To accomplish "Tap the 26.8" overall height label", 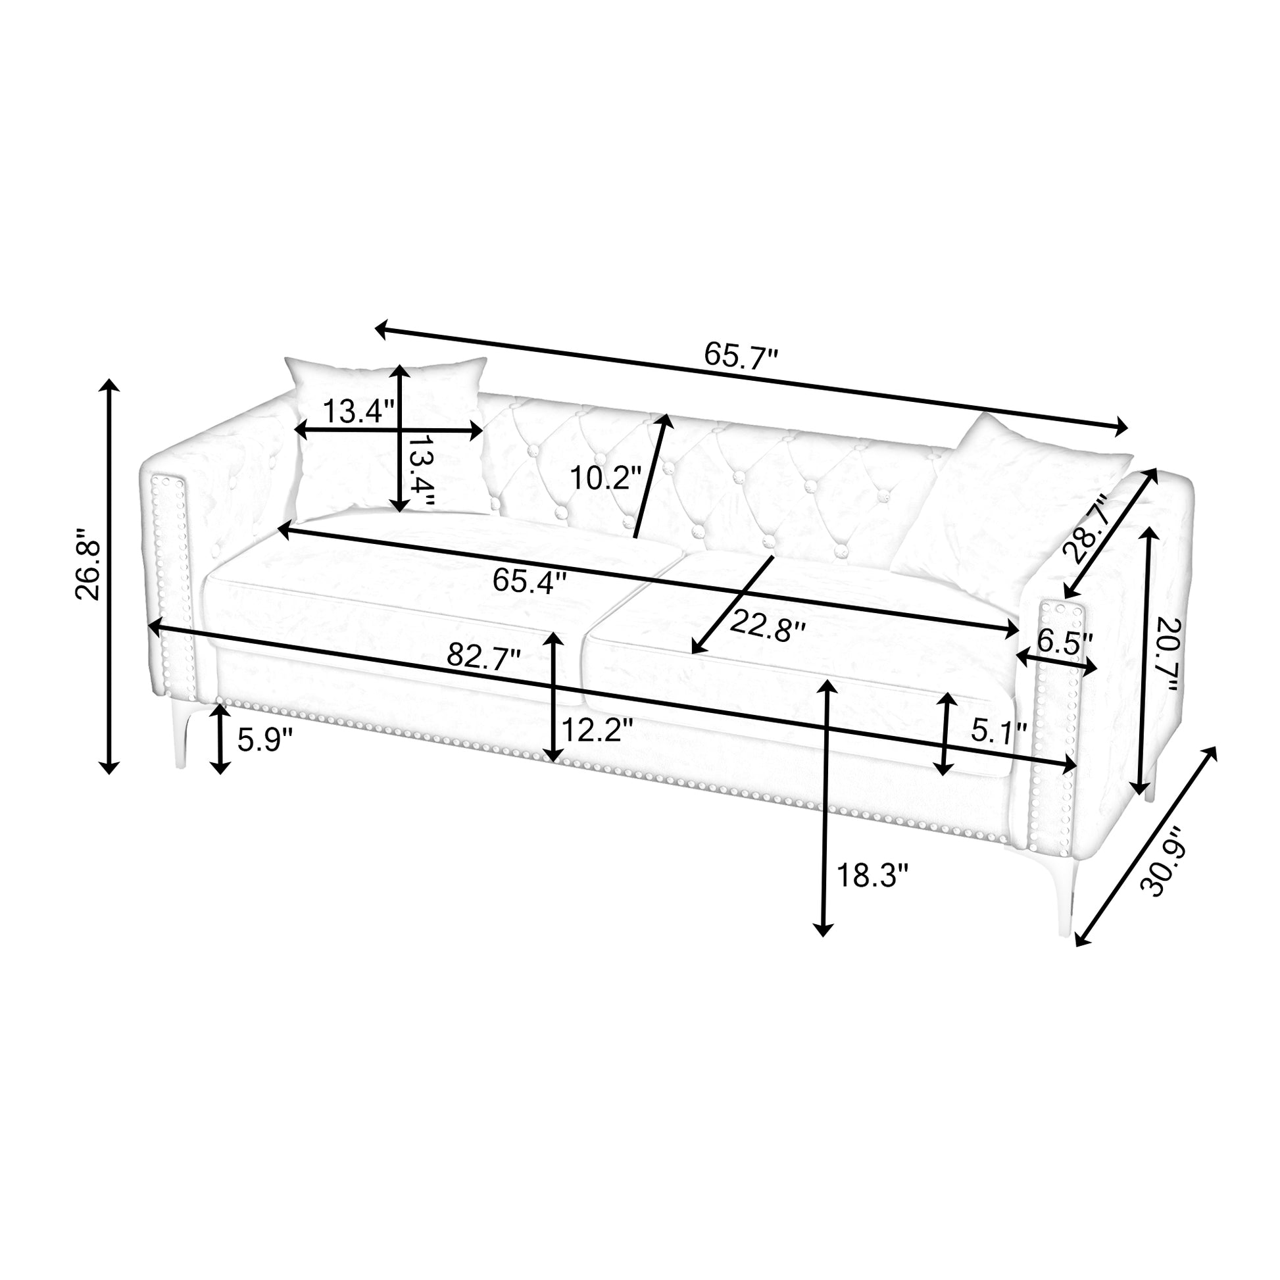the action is [x=88, y=564].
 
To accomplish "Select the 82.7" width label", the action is [x=483, y=656].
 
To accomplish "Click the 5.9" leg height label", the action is [x=265, y=739].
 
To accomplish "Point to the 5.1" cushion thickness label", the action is [x=999, y=731].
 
